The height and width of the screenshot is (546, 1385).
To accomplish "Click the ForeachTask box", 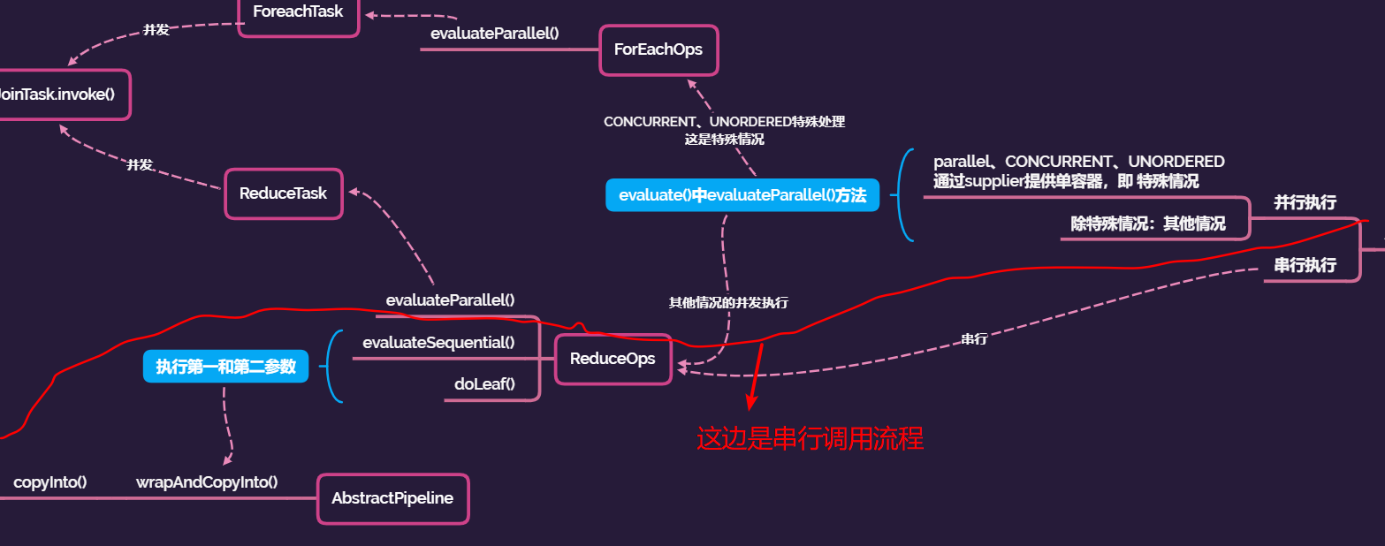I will [x=298, y=13].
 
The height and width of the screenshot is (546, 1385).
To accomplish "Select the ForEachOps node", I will [x=658, y=49].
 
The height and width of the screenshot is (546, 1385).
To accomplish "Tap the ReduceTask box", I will [x=284, y=193].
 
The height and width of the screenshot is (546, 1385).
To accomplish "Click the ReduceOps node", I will [x=613, y=359].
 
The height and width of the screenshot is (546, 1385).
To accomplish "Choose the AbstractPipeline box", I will [x=392, y=498].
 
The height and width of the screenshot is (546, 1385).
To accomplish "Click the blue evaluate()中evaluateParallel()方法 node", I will [x=742, y=195].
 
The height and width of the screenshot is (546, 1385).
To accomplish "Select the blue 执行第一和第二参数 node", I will [x=225, y=367].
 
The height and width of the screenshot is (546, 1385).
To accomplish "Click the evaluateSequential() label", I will [x=438, y=342].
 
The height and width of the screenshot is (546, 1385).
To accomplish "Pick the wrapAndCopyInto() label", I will [x=207, y=482].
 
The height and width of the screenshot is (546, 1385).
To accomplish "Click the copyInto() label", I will [x=50, y=482].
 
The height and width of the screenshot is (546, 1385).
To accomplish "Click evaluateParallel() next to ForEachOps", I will [x=495, y=34].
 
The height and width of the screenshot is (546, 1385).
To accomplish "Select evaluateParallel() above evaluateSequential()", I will [x=450, y=300].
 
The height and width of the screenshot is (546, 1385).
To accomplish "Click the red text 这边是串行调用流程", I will [x=810, y=439].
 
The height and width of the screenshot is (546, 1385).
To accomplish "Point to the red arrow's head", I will [x=750, y=406].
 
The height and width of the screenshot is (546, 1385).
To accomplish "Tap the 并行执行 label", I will [x=1305, y=202].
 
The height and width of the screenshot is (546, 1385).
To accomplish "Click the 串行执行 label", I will [x=1305, y=265].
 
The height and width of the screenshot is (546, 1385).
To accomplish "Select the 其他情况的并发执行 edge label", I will [x=728, y=302].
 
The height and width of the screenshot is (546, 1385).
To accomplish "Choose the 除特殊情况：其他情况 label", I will [x=1148, y=224].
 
